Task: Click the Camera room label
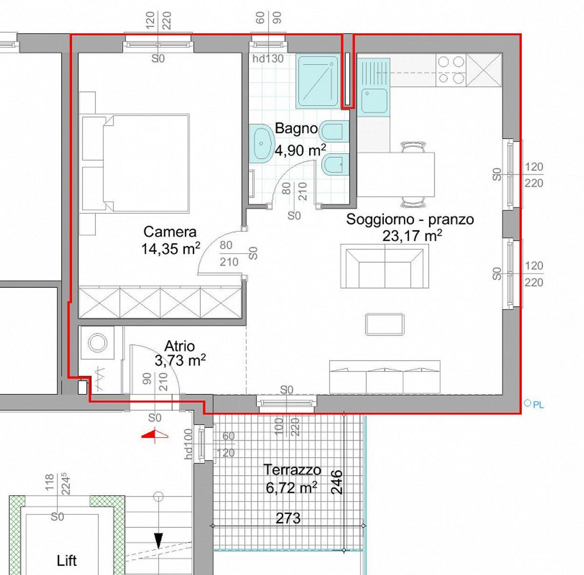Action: (x=170, y=232)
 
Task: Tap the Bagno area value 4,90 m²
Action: (x=300, y=150)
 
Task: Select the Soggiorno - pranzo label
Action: (x=410, y=219)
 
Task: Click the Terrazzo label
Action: (x=292, y=470)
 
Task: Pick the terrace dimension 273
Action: (x=288, y=518)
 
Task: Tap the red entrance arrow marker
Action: (x=155, y=433)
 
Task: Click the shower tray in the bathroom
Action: (x=318, y=81)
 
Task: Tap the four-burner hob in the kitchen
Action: (x=451, y=70)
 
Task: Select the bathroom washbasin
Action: (x=261, y=144)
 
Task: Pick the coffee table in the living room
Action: (x=384, y=324)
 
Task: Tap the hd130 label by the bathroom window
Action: (x=268, y=58)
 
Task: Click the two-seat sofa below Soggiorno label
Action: (x=384, y=266)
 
